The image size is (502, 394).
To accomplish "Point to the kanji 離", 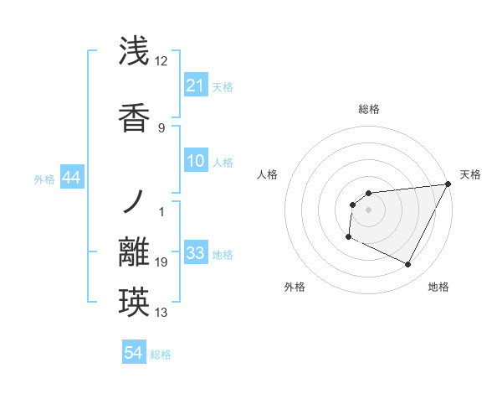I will coord(134,254).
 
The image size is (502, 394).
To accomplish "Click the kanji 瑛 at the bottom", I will coord(134,300).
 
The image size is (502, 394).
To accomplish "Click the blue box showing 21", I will coord(195,86).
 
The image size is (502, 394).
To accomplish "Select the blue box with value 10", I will coord(195,162).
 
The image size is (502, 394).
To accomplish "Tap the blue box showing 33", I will coord(195,254).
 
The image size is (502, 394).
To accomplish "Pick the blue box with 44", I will coord(72,179).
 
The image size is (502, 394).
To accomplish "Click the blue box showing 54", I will coord(134,354).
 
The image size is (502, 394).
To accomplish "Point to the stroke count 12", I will coord(161,61).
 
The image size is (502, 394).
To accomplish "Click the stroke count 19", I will coord(161,263).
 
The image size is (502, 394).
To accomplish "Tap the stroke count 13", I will coord(161,313).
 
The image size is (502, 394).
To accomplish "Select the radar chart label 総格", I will coord(368,109).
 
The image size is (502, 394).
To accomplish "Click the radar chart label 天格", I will coord(470,174).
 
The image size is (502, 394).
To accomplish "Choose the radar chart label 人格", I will coord(267,174).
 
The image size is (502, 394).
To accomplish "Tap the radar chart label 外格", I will coord(295,287).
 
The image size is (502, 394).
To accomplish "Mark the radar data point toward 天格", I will coord(448,184).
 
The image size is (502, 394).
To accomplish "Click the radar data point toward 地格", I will coord(408,265).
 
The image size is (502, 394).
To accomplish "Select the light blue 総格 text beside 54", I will coord(161,355).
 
